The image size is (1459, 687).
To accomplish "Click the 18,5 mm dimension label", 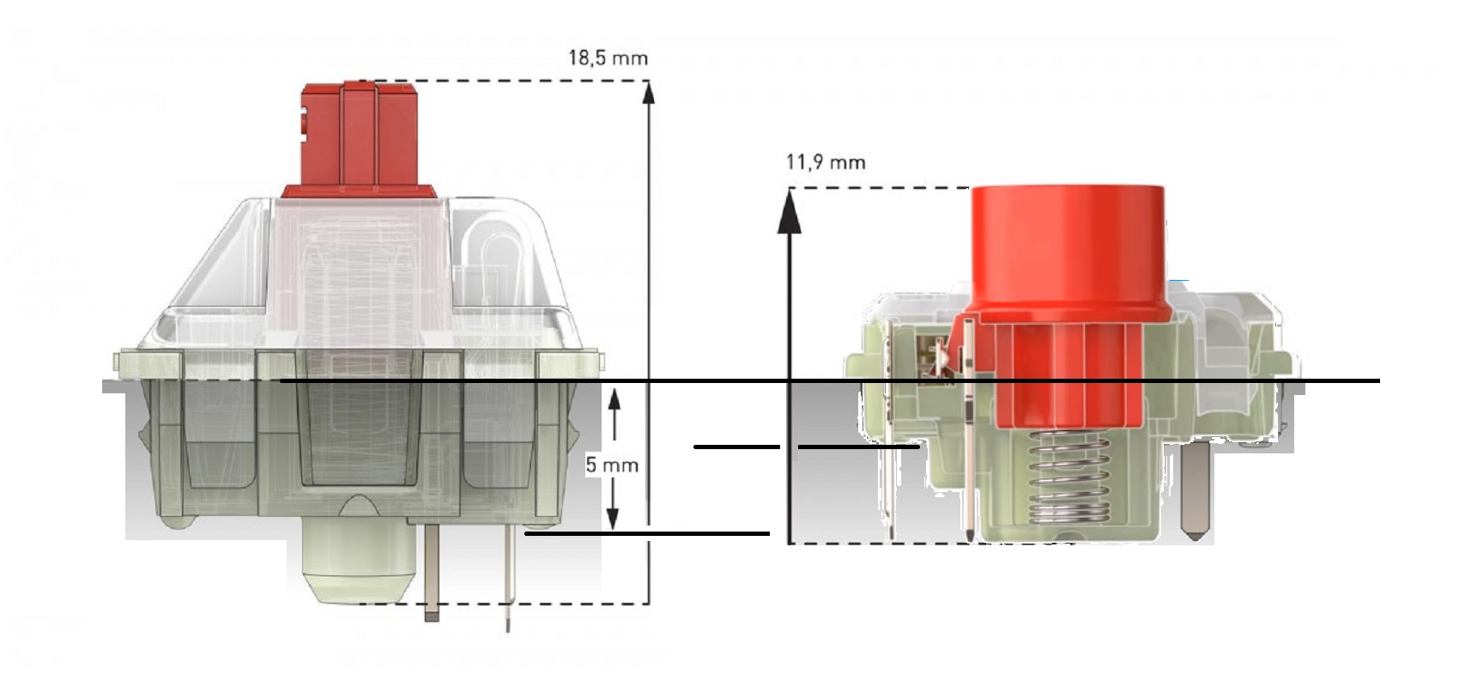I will pyautogui.click(x=608, y=58).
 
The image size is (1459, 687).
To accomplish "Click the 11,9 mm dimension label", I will pyautogui.click(x=826, y=161).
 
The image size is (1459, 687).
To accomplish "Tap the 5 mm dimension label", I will pyautogui.click(x=612, y=465).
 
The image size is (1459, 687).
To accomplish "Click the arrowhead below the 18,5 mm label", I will pyautogui.click(x=649, y=92).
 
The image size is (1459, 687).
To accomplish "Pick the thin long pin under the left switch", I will pyautogui.click(x=508, y=584).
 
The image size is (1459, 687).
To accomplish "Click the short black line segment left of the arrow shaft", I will pyautogui.click(x=736, y=447).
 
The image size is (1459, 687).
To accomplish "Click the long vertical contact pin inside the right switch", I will pyautogui.click(x=969, y=429).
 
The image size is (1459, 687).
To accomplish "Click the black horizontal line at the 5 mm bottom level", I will pyautogui.click(x=648, y=534).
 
